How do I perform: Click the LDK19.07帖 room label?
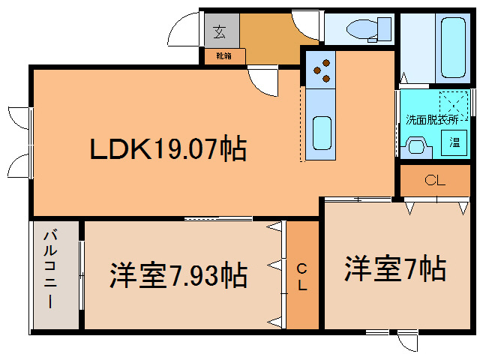[x=168, y=148]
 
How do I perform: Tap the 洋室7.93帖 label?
[x=178, y=274]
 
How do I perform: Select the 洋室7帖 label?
[x=395, y=268]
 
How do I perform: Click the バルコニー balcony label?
[x=50, y=268]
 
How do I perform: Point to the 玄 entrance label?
[x=220, y=31]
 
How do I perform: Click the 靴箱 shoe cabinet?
[x=225, y=56]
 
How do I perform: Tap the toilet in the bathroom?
[x=369, y=30]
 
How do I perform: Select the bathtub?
[x=453, y=47]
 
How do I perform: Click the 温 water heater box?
[x=454, y=142]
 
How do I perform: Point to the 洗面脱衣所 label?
[x=432, y=120]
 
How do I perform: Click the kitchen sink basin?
[x=322, y=133]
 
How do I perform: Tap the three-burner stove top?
[x=321, y=70]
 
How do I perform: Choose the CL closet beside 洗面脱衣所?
[x=435, y=181]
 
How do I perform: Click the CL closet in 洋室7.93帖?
[x=302, y=275]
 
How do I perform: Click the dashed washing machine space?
[x=454, y=106]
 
